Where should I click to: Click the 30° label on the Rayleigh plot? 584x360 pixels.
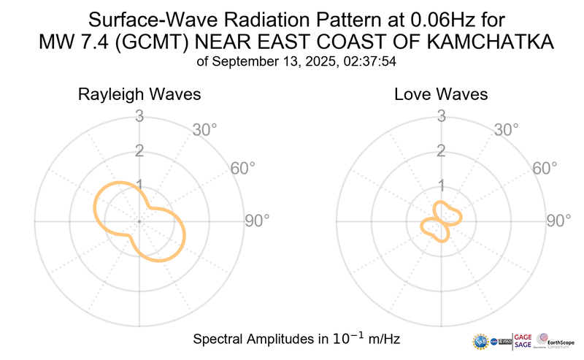tap(204, 130)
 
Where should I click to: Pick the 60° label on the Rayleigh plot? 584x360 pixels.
tap(243, 169)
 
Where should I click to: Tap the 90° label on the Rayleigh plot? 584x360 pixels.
tap(257, 221)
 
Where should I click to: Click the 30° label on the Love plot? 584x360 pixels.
tap(507, 130)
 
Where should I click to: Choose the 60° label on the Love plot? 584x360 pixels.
tap(545, 169)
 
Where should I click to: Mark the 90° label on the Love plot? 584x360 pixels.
tap(559, 221)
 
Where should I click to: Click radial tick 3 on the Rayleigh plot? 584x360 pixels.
tap(138, 115)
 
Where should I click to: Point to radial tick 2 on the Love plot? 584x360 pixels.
tap(440, 151)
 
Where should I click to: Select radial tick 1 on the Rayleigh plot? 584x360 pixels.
tap(138, 185)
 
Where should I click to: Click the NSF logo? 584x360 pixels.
tap(481, 342)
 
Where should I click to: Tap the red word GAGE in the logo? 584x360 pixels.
tap(524, 336)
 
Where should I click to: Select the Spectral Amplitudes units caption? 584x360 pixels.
tap(296, 340)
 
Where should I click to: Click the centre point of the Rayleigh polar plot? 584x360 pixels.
tap(138, 221)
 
